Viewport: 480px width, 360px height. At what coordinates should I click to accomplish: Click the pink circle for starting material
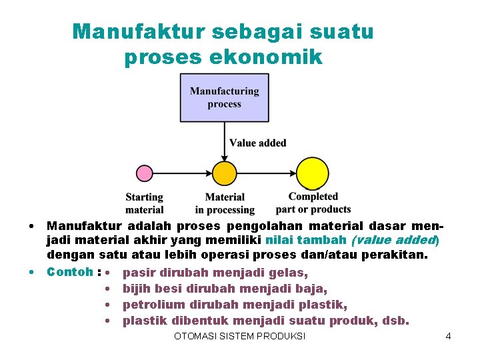(144, 173)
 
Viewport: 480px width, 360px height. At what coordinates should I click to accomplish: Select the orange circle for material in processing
(224, 173)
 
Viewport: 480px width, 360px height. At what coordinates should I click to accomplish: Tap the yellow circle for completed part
(312, 173)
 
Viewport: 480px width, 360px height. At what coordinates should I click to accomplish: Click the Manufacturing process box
(224, 97)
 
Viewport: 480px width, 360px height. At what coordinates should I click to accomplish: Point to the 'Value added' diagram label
(257, 143)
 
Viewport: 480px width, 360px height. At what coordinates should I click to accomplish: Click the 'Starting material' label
(144, 203)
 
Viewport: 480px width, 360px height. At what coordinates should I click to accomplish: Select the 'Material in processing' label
(225, 203)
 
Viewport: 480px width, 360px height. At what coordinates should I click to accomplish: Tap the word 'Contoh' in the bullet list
(69, 272)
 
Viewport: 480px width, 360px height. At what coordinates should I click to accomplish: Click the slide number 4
(448, 336)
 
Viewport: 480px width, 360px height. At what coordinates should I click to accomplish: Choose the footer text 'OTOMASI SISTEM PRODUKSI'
(239, 336)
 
